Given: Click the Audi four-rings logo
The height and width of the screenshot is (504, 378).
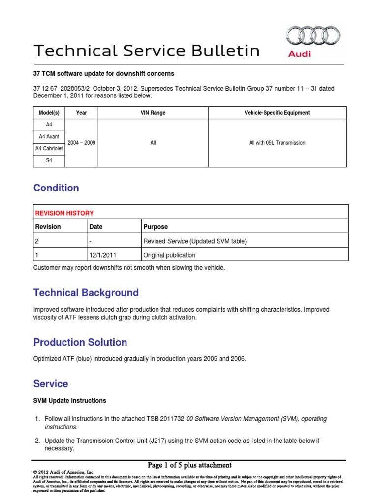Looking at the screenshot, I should [313, 36].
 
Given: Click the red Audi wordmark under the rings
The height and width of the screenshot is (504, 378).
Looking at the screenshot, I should [299, 54].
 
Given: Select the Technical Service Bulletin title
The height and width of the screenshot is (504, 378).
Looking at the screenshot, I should [146, 50].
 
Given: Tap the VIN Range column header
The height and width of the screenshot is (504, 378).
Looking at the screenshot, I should [153, 113].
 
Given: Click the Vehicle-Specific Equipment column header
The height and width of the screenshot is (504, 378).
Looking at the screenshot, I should [277, 113].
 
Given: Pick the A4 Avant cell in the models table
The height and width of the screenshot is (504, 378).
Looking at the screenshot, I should [49, 136].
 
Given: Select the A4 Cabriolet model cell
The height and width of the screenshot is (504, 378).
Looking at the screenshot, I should [49, 149].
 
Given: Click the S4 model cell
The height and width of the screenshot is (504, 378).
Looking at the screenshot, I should [49, 161].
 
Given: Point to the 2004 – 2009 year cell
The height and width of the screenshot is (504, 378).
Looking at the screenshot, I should [82, 143].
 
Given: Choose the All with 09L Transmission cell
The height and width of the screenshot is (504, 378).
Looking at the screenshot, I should [277, 143].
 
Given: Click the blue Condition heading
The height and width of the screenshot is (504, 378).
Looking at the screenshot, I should [56, 188].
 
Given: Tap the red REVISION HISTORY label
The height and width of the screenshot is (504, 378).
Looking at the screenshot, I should [64, 213].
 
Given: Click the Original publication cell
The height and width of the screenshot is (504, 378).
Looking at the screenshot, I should [169, 255].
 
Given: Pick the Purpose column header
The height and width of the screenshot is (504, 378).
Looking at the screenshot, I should [155, 227].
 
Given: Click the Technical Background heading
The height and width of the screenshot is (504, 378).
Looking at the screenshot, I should [86, 293].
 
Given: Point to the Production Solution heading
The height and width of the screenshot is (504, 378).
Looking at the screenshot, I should [80, 342].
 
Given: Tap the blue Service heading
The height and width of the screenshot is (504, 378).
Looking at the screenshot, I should [51, 384].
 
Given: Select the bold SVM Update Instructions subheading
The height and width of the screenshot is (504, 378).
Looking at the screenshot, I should [69, 401].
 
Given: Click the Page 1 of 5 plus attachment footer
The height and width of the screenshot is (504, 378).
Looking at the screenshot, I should [189, 465].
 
